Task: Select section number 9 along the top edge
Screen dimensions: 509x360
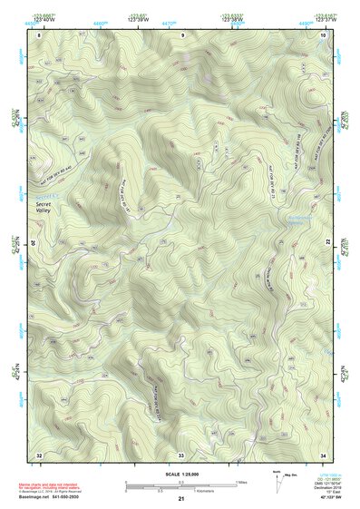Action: coord(181,34)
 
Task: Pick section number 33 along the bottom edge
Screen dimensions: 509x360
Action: coord(180,454)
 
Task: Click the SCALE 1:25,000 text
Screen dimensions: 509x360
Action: coord(181,473)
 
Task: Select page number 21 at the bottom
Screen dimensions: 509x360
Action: coord(181,500)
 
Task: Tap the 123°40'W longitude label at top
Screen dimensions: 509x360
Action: coord(41,18)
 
